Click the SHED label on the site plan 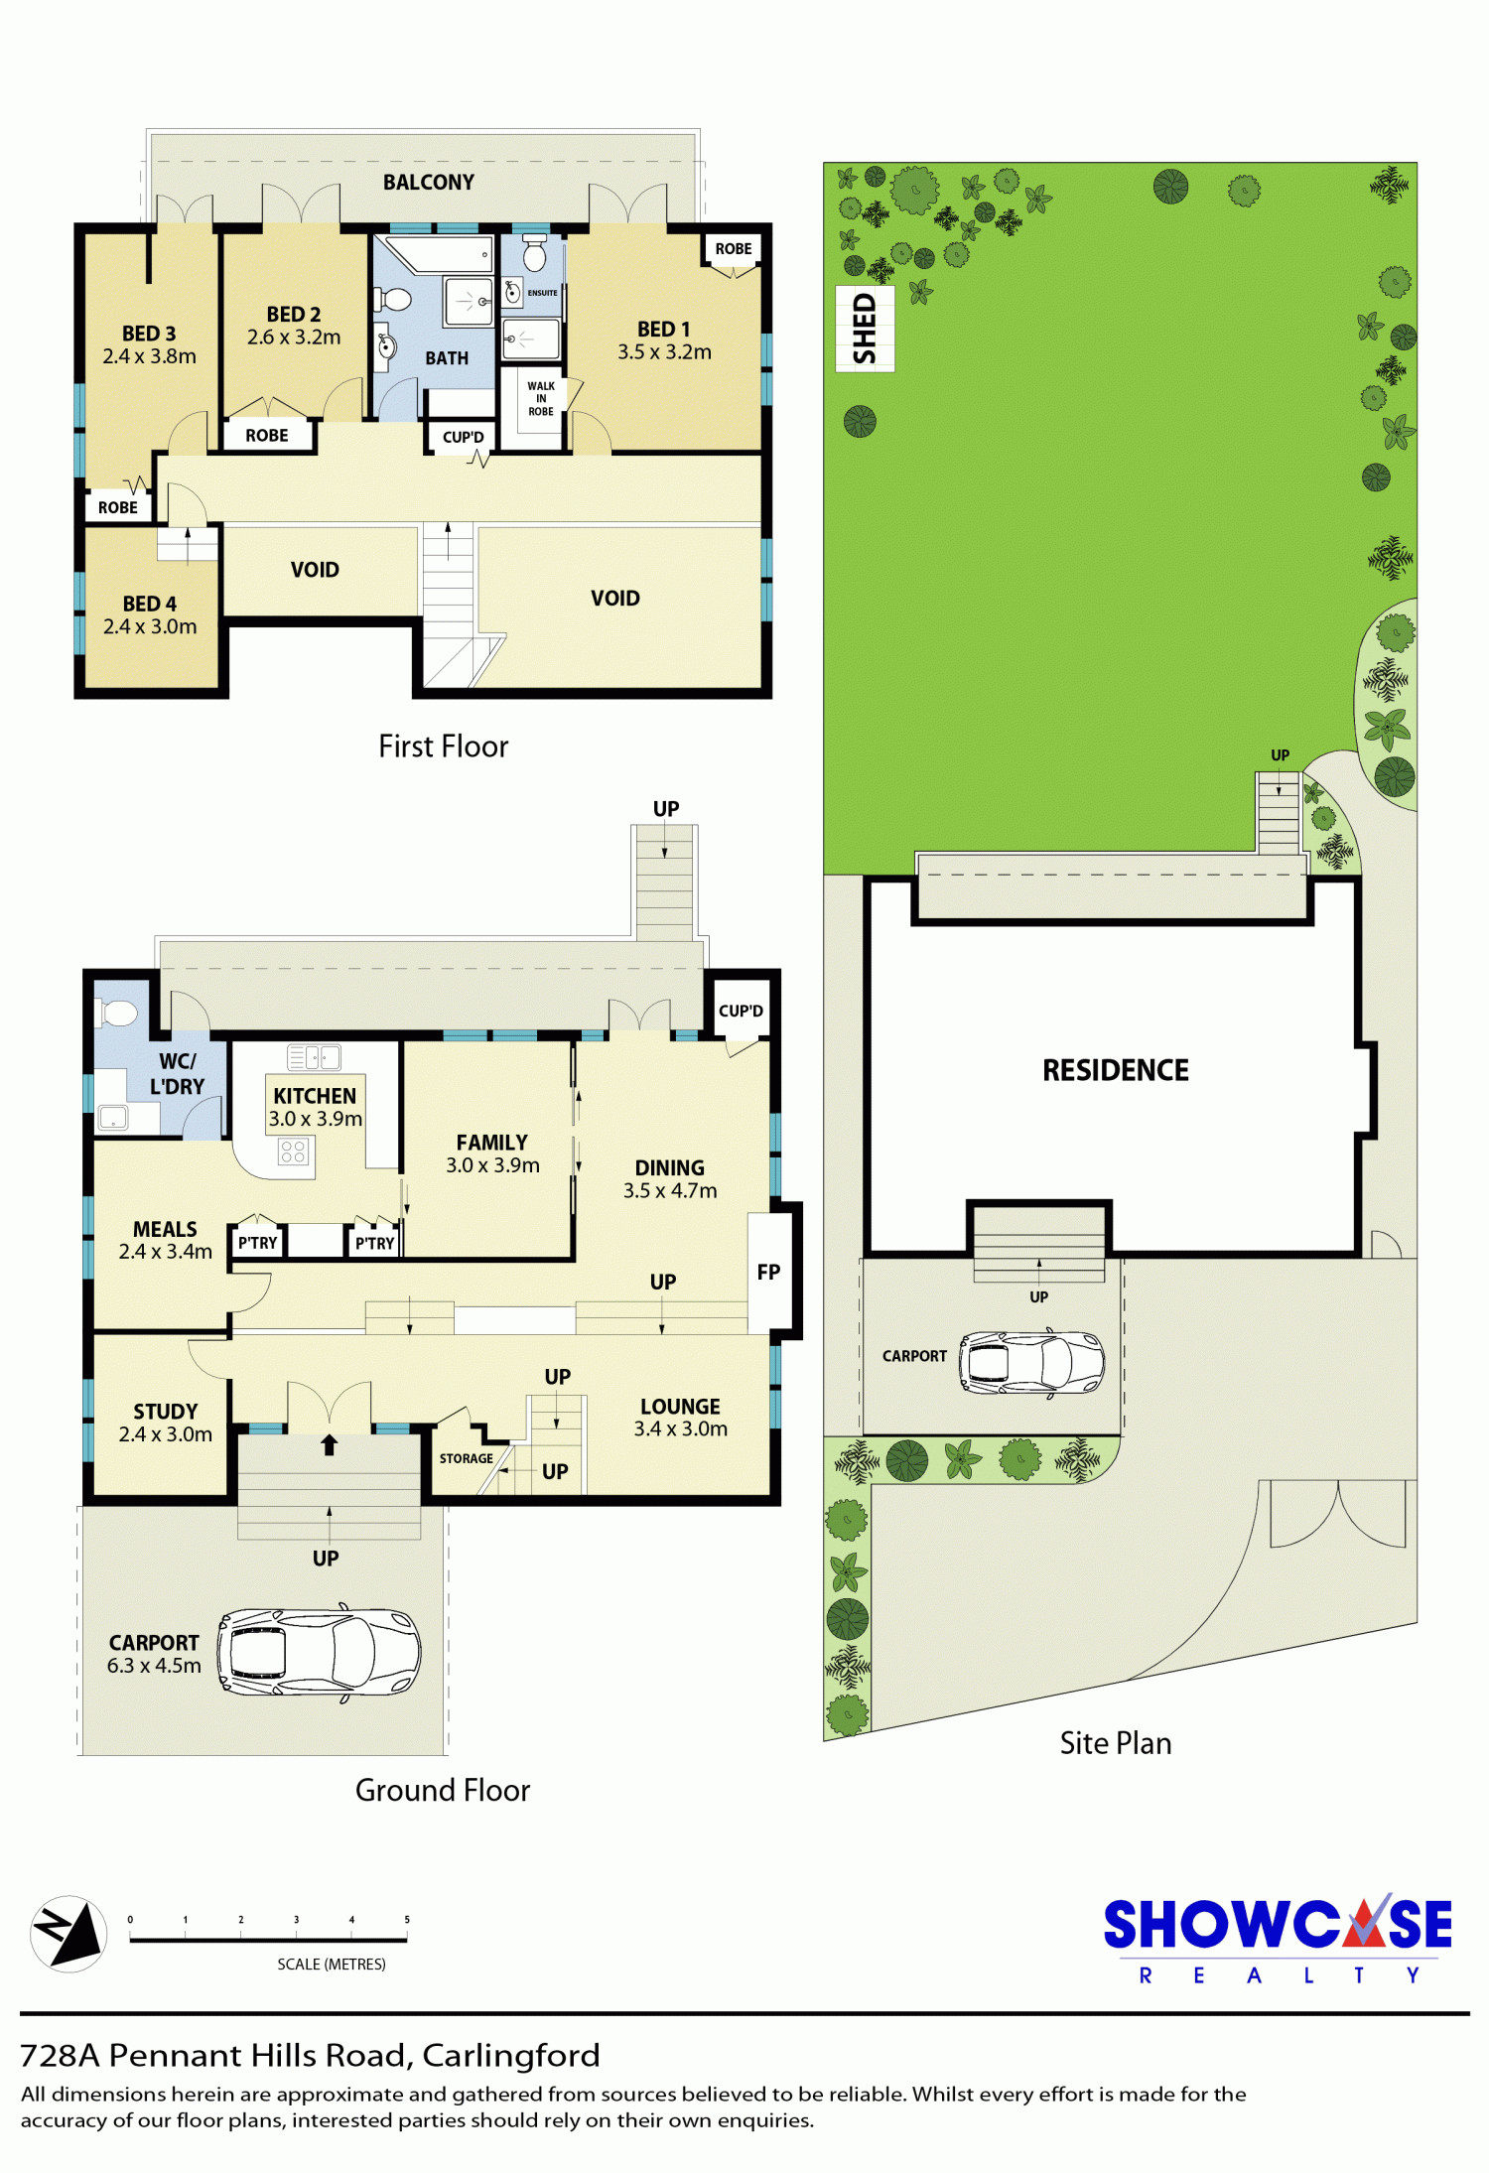click(x=865, y=329)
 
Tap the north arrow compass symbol click(x=68, y=1933)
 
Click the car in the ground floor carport click(x=320, y=1653)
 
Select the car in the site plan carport click(x=1032, y=1362)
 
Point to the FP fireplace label click(x=768, y=1272)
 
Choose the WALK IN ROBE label click(x=541, y=398)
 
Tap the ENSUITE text click(x=542, y=293)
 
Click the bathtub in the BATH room click(x=439, y=254)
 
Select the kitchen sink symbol click(x=314, y=1057)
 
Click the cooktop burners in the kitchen click(x=293, y=1152)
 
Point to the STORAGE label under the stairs click(x=467, y=1458)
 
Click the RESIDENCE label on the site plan click(x=1116, y=1070)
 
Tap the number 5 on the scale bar click(x=407, y=1919)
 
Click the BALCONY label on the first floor click(x=429, y=182)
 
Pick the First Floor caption click(x=443, y=746)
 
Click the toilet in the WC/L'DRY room click(x=117, y=1013)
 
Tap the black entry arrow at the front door click(x=330, y=1444)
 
